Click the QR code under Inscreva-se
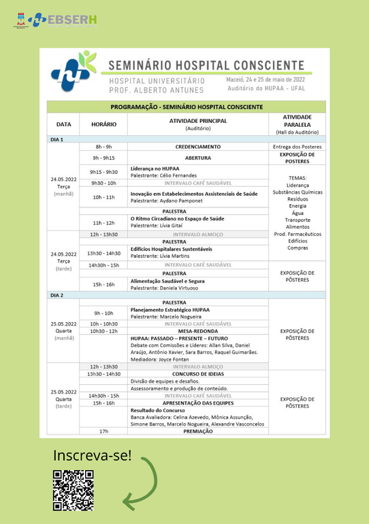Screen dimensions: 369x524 [73, 490]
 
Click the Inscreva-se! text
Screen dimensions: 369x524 [92, 456]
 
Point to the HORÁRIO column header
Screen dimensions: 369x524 [103, 124]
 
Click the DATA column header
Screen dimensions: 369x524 [63, 124]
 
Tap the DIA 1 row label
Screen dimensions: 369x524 [57, 139]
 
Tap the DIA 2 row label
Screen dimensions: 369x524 [57, 295]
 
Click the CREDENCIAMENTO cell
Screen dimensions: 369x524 [197, 147]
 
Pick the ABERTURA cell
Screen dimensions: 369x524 [197, 158]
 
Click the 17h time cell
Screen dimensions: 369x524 [103, 431]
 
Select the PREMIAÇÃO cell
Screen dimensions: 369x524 [197, 431]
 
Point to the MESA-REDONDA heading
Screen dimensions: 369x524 [197, 331]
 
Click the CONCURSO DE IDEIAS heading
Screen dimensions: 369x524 [197, 374]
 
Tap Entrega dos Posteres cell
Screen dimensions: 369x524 [297, 147]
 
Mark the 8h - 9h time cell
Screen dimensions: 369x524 [103, 147]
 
